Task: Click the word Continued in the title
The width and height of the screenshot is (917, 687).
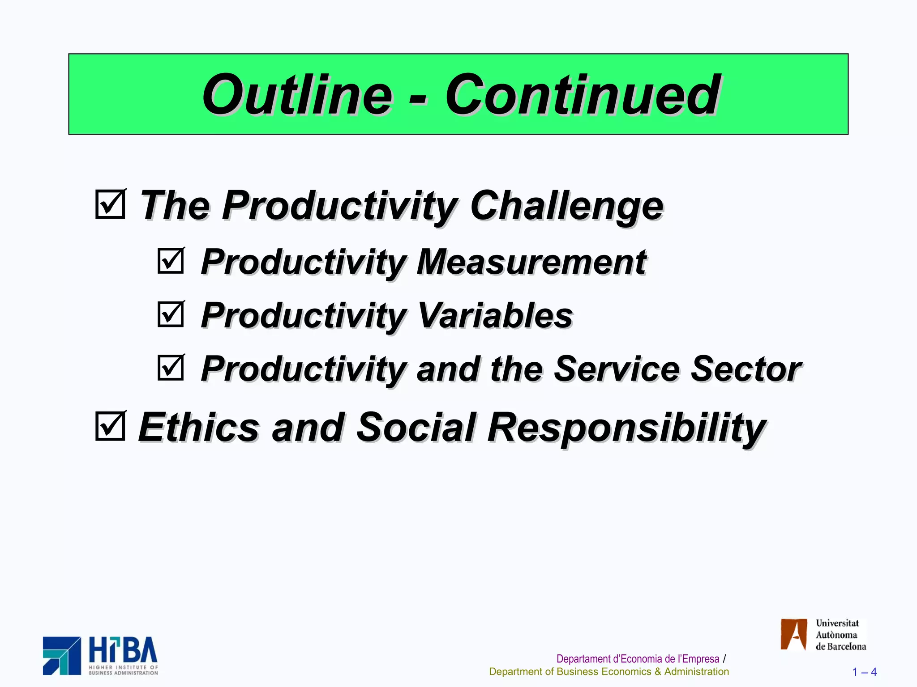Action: coord(582,95)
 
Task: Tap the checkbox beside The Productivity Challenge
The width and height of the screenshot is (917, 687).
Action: coord(110,204)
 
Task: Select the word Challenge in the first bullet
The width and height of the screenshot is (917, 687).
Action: coord(566,206)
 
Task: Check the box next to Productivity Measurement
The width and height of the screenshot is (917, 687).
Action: coord(171,261)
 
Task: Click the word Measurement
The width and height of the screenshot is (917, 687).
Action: coord(531,262)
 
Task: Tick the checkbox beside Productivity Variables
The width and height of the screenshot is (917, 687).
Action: coord(171,314)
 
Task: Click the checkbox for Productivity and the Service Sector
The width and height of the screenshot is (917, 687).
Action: coord(171,368)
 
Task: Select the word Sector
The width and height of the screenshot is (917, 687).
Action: coord(746,369)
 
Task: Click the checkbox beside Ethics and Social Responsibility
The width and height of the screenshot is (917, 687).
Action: coord(110,426)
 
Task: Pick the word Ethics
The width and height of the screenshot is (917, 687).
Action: coord(199,427)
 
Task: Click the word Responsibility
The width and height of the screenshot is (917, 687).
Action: coord(627,428)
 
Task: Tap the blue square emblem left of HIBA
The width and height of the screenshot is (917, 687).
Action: coord(62,656)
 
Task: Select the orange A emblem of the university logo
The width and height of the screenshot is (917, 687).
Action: coord(793,634)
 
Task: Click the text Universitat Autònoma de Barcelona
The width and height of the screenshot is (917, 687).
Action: coord(840,635)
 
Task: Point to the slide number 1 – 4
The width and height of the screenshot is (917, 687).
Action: coord(864,672)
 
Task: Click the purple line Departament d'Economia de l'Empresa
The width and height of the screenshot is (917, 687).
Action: coord(638,659)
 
